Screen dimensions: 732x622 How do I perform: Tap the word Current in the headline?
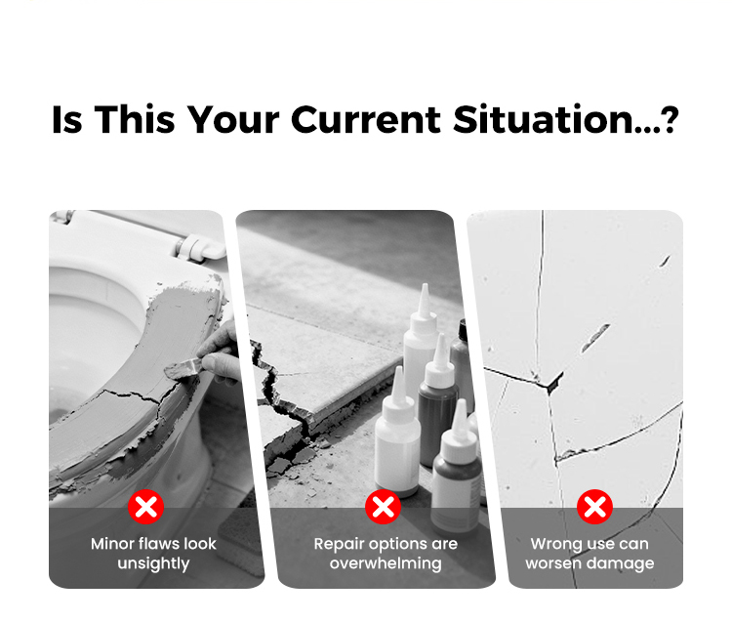tap(366, 119)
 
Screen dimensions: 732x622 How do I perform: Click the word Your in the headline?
tap(233, 119)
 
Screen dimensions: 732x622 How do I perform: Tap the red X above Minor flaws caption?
tap(146, 507)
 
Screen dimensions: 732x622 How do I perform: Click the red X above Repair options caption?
tap(384, 507)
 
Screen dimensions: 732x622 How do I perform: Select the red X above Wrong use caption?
tap(594, 507)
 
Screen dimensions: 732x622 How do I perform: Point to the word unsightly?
tap(153, 563)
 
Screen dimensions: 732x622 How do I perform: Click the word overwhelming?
tap(386, 563)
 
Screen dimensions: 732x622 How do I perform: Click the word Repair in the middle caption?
tap(337, 544)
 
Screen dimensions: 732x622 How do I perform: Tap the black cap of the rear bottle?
tap(463, 330)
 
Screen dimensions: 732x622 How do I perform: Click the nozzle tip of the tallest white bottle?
tap(426, 286)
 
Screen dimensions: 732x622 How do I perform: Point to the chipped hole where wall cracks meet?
tap(554, 383)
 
